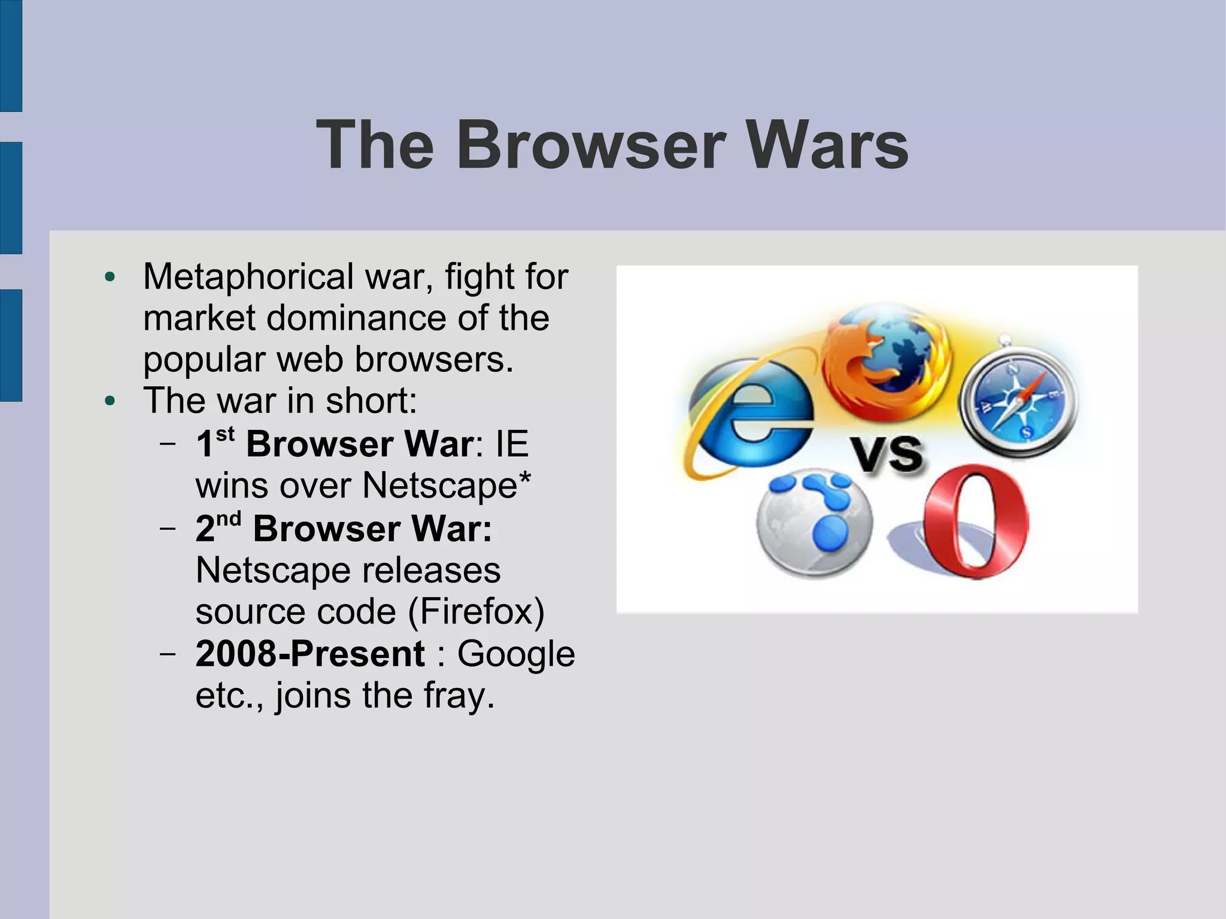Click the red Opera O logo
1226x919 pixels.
tap(975, 523)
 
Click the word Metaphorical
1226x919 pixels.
tap(248, 277)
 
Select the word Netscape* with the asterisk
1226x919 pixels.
tap(447, 485)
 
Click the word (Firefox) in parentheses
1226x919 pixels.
tap(476, 612)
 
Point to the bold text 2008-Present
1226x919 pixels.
tap(310, 653)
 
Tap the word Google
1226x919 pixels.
tap(516, 654)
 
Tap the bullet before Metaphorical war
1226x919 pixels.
tap(110, 277)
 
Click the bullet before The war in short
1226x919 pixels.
tap(110, 401)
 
